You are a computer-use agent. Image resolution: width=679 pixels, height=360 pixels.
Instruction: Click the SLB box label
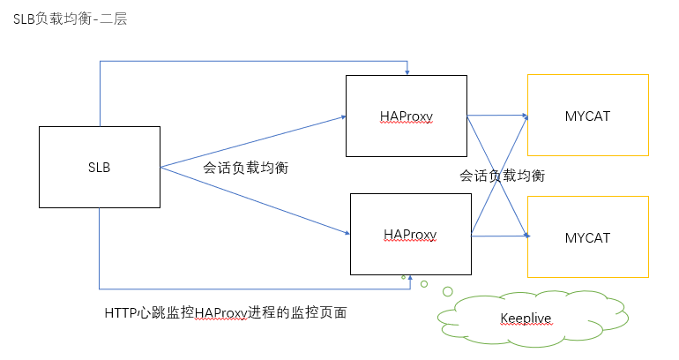(99, 167)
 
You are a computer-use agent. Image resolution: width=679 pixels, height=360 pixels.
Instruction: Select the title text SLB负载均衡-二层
(71, 19)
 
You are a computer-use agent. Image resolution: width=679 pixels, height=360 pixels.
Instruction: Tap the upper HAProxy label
(407, 116)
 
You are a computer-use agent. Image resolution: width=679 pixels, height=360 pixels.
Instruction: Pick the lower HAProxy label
(411, 234)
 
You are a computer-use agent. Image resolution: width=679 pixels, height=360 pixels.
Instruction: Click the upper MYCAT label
(587, 116)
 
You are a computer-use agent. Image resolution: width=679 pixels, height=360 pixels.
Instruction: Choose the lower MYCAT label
(587, 237)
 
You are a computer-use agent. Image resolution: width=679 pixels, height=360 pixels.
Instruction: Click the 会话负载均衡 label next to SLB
(246, 167)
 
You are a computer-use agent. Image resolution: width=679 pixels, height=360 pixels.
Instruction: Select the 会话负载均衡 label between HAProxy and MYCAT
(502, 176)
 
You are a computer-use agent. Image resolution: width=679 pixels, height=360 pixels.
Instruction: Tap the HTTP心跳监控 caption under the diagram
(225, 312)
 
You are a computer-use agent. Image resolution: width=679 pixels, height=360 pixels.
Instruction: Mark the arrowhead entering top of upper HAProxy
(407, 71)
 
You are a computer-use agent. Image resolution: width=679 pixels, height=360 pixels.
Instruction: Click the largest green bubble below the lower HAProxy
(448, 291)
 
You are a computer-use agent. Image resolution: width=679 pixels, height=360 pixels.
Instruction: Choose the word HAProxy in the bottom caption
(221, 312)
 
